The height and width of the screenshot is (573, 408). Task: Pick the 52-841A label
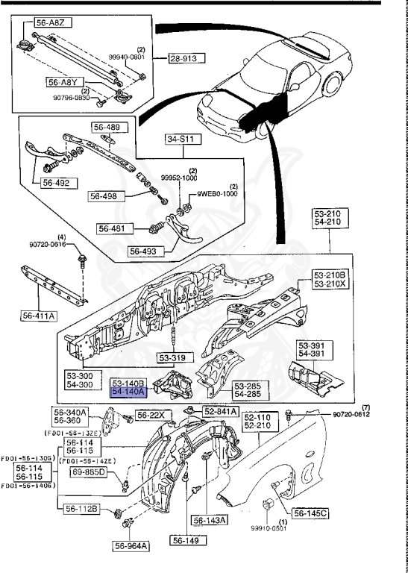point(220,411)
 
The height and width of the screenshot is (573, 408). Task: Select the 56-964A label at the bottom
point(131,546)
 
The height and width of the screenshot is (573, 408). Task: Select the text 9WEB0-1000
point(217,193)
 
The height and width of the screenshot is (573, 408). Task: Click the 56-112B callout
point(83,509)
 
